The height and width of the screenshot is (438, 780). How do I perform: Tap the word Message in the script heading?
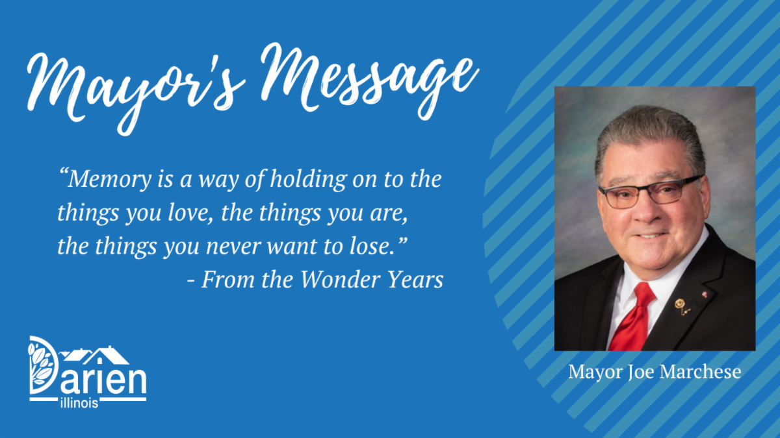click(x=370, y=80)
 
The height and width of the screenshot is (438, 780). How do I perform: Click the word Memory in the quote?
click(x=109, y=180)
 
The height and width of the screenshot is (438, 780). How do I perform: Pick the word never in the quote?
click(x=233, y=247)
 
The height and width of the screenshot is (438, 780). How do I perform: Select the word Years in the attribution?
click(x=415, y=280)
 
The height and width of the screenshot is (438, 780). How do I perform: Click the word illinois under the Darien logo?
click(x=79, y=403)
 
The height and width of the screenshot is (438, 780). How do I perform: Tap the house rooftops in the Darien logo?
click(x=95, y=356)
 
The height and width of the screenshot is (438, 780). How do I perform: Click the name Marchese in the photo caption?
click(x=700, y=372)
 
